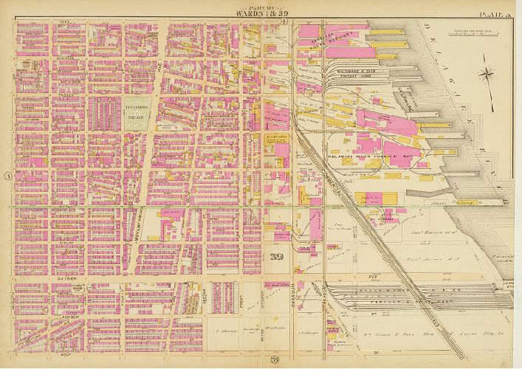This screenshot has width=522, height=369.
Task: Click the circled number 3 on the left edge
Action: click(x=7, y=176)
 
